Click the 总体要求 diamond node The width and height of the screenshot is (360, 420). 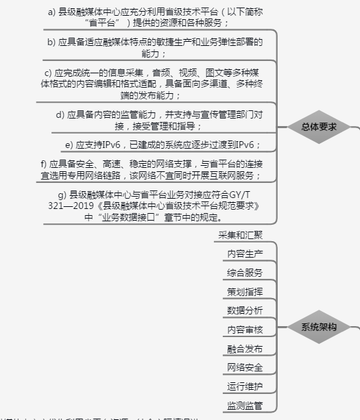(319, 127)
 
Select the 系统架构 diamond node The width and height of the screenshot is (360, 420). (319, 328)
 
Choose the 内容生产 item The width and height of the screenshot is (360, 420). (245, 254)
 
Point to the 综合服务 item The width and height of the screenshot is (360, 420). (245, 273)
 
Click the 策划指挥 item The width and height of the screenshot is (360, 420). (245, 291)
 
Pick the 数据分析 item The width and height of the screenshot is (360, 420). (245, 310)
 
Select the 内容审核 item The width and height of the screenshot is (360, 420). (245, 330)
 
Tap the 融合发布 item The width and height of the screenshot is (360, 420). (245, 349)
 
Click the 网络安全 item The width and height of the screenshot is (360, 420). (245, 368)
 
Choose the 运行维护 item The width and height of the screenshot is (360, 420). (245, 386)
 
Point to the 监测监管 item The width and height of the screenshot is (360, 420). (245, 406)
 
